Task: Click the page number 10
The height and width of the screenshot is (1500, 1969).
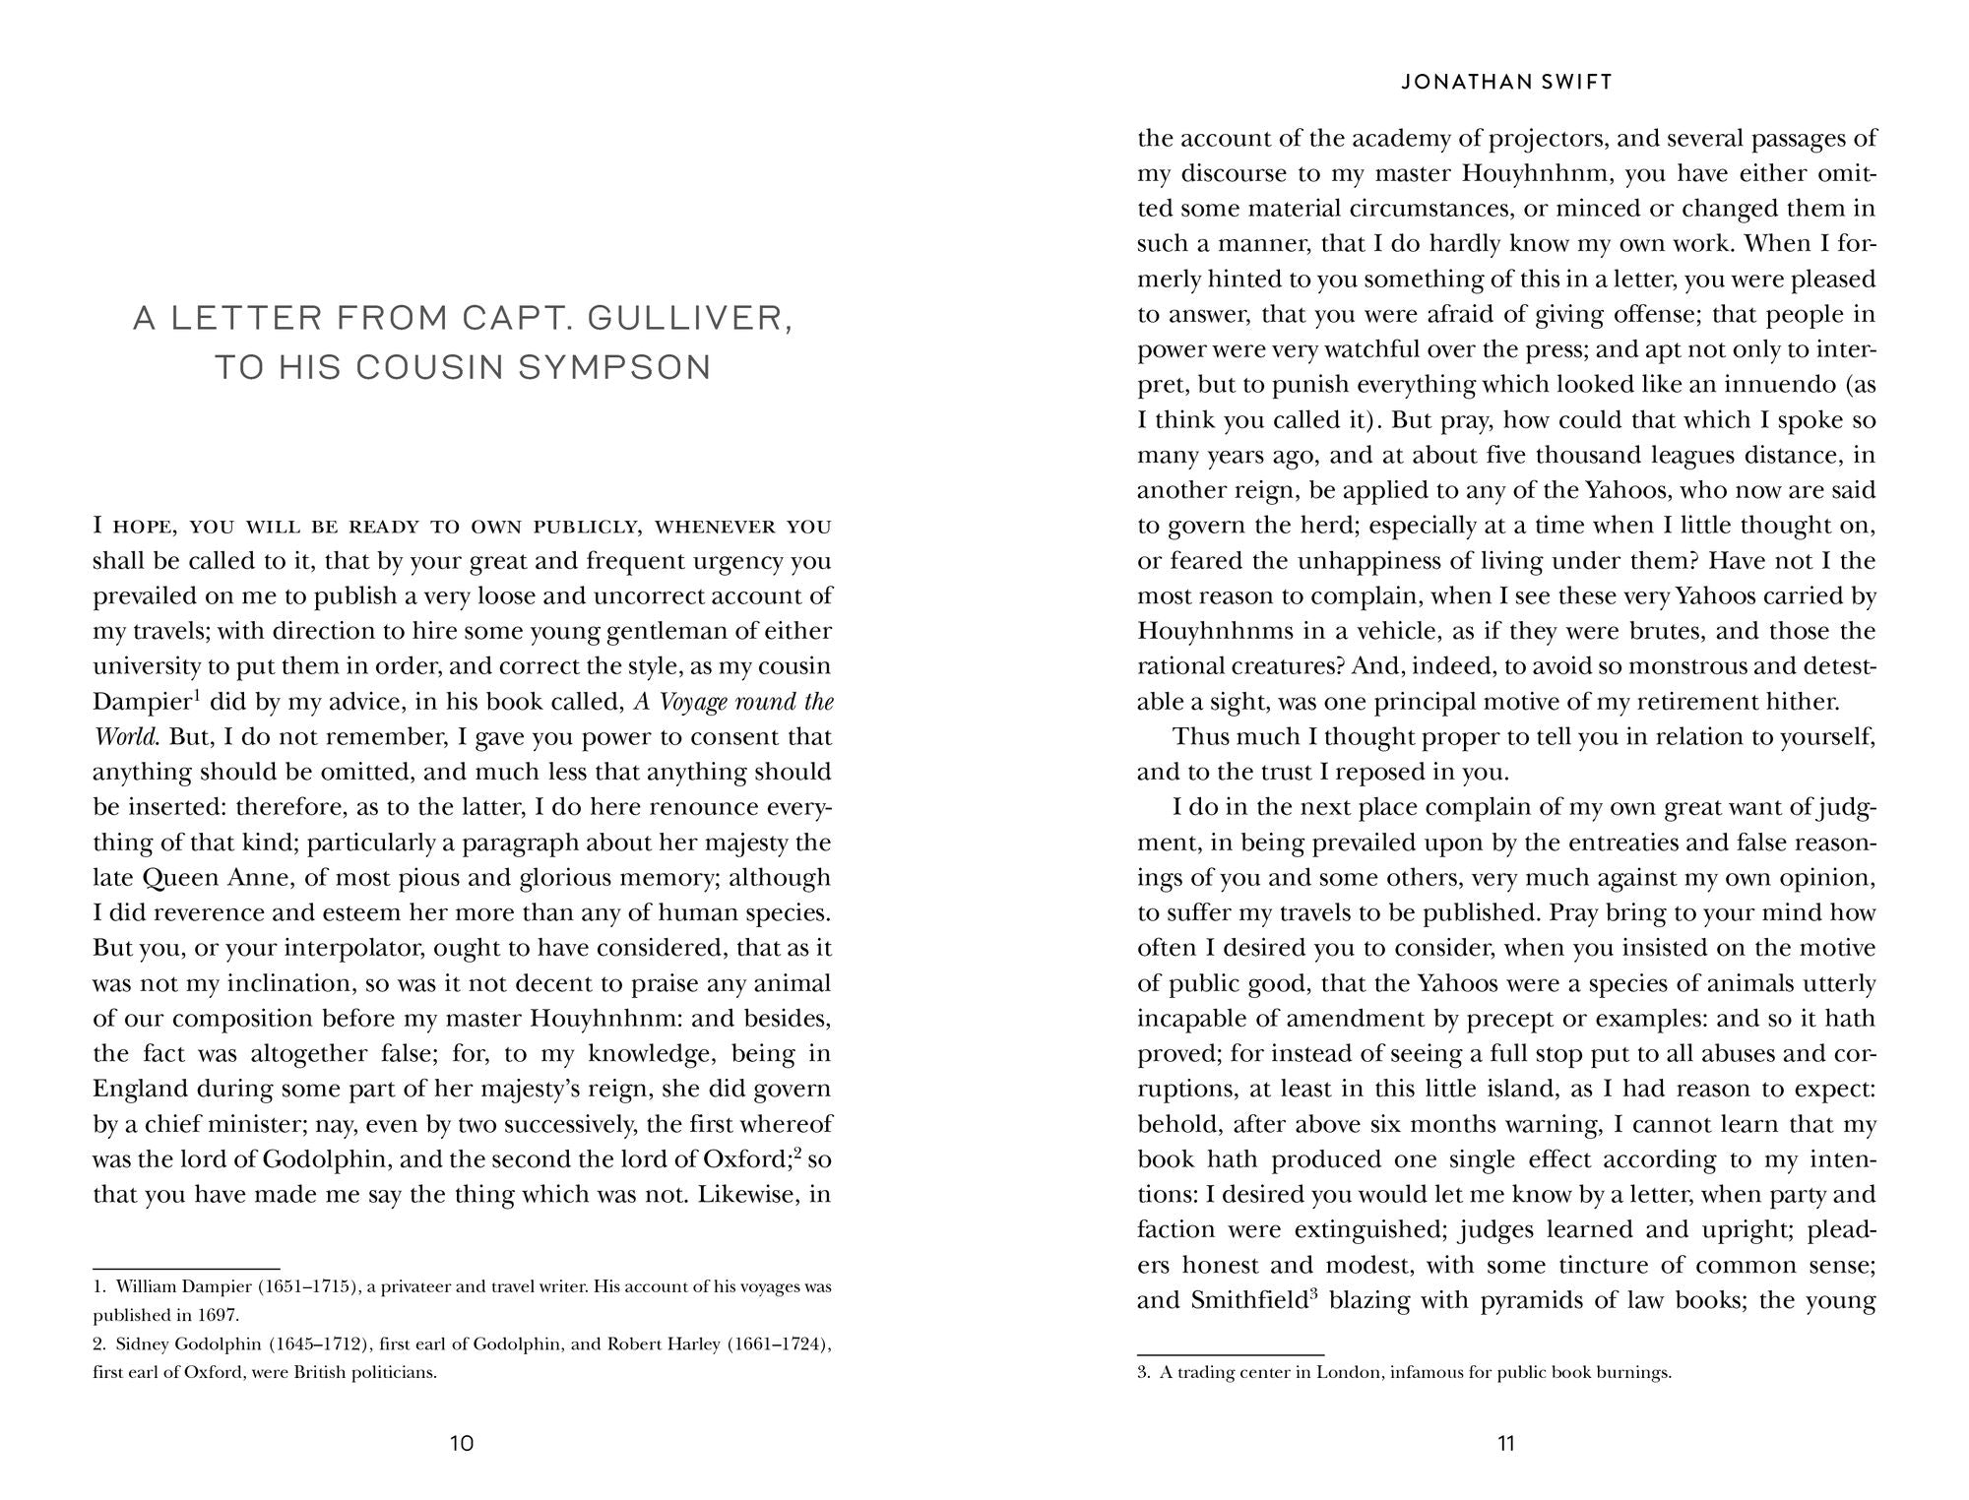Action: coord(462,1444)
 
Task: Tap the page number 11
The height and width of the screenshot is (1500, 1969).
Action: coord(1506,1444)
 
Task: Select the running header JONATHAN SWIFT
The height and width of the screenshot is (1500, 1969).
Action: coord(1506,83)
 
